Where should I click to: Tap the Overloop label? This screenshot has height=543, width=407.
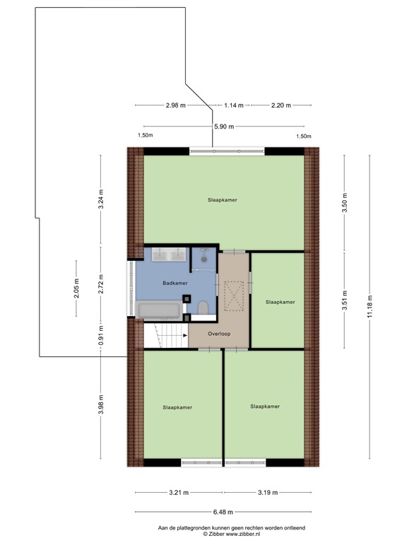219,334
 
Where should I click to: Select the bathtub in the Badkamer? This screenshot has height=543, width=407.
158,309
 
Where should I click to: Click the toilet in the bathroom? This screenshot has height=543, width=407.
203,308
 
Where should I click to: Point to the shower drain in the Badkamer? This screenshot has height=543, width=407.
203,259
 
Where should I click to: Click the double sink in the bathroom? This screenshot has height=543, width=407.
167,254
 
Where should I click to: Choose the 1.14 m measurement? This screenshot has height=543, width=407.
233,105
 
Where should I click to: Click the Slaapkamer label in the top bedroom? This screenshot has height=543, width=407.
223,200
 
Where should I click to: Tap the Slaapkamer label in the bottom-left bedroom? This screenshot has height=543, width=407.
177,407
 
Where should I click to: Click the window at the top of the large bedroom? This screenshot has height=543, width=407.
227,151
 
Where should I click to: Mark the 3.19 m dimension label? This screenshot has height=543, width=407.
267,492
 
